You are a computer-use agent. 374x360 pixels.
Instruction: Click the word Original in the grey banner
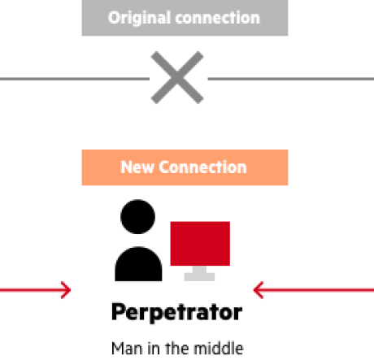coord(140,19)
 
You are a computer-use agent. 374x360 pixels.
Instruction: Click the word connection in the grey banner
coord(218,18)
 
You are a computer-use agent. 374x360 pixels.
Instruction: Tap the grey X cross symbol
coord(177,77)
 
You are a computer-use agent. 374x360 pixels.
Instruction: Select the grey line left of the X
coord(75,79)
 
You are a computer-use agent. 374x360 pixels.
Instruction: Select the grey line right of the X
coord(291,79)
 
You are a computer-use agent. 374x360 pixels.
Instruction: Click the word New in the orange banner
coord(137,167)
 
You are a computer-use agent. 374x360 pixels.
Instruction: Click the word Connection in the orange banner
coord(202,167)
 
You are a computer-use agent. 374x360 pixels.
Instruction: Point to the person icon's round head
coord(137,217)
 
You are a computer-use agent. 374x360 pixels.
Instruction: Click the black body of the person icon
coord(138,264)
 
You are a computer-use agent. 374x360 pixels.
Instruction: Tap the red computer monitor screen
coord(200,244)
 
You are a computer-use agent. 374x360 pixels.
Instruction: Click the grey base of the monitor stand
coord(199,277)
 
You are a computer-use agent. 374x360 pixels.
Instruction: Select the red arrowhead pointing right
coord(66,290)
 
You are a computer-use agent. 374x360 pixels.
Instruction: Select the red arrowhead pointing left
coord(259,290)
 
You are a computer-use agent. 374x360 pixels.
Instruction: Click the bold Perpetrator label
coord(176,312)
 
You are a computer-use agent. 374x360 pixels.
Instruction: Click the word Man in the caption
coord(127,349)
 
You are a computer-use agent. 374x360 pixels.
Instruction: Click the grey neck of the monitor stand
coord(199,269)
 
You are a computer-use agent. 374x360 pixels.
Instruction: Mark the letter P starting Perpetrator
coord(119,311)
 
